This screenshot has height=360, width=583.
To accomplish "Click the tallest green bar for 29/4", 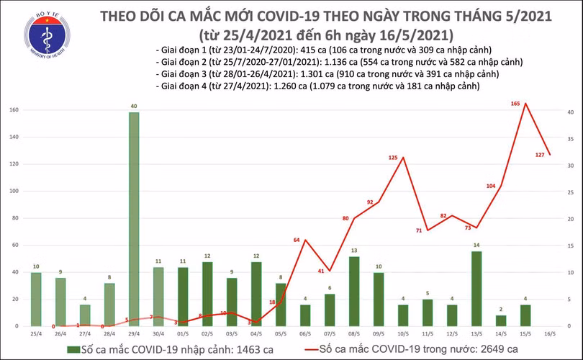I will click(134, 219).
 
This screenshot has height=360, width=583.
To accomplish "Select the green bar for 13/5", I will click(476, 288).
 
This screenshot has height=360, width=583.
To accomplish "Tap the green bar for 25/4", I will click(36, 299).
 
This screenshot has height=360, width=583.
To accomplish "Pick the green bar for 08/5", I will click(354, 291).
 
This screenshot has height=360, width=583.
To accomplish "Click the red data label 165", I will click(515, 104).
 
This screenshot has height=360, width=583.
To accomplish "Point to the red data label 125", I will click(393, 157).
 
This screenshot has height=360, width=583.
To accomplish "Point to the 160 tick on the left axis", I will click(14, 110).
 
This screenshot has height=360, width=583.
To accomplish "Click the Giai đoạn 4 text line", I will click(317, 86).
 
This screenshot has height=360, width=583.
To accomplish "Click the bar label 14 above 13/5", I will click(476, 246).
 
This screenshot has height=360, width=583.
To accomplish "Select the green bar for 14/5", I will click(501, 320).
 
